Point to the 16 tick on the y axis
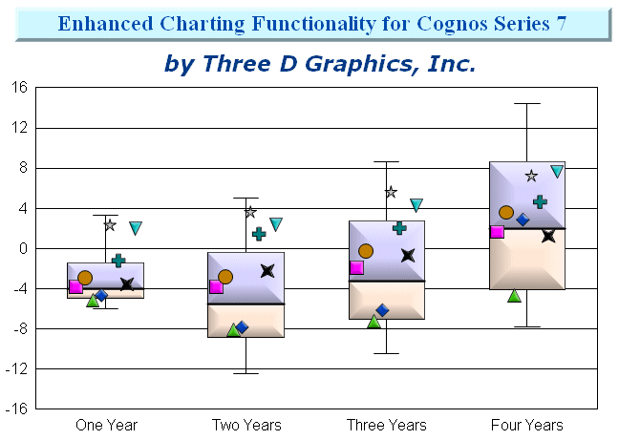(x=19, y=87)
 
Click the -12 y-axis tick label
(x=16, y=369)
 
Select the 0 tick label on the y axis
(x=23, y=249)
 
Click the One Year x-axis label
(x=106, y=425)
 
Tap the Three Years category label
(x=387, y=425)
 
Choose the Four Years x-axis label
(x=526, y=425)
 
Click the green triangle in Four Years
(x=514, y=296)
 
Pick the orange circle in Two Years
(x=225, y=277)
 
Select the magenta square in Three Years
(x=356, y=267)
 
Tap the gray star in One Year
(x=110, y=225)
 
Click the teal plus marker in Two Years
(x=259, y=234)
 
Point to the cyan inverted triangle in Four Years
(x=557, y=172)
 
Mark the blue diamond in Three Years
(x=382, y=310)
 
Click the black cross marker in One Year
(x=127, y=283)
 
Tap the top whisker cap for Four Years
(x=527, y=104)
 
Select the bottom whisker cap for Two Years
(x=245, y=373)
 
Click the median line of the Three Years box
(x=387, y=282)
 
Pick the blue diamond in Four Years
(x=523, y=220)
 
